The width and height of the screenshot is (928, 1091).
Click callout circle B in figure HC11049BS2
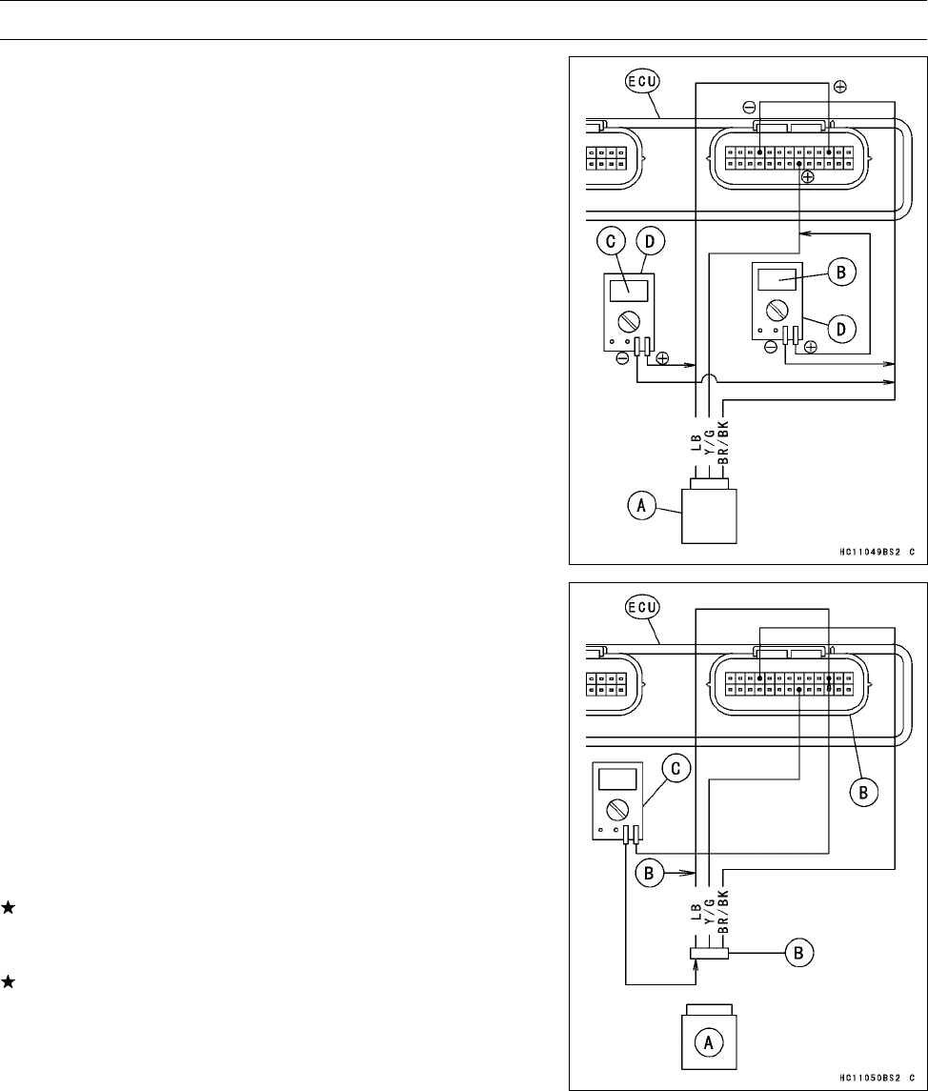coord(841,272)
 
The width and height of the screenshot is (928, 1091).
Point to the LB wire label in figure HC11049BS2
coord(696,441)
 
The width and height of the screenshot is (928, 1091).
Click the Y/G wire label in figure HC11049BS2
coord(709,441)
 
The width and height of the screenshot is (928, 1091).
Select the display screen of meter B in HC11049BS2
coord(777,278)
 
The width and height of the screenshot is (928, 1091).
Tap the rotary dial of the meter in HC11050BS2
coord(616,811)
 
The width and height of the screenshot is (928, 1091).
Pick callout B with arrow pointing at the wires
coord(648,871)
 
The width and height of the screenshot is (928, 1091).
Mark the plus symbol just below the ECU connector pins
coord(808,177)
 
